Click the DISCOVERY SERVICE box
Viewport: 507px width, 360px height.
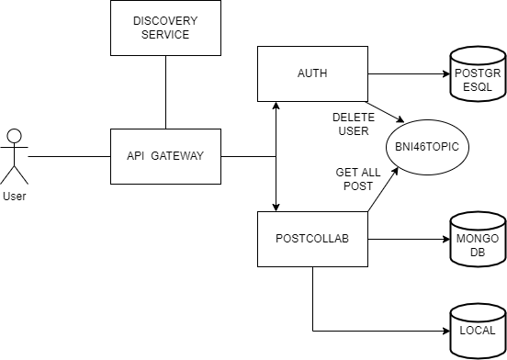pos(165,28)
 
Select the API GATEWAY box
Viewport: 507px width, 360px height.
pos(165,156)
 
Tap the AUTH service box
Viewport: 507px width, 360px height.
pos(312,73)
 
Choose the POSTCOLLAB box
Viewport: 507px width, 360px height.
pos(312,239)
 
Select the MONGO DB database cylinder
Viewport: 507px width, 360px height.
pos(478,239)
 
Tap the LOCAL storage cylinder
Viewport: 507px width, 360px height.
pos(478,330)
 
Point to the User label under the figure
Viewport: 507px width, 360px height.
pos(14,197)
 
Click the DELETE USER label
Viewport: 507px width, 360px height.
pos(350,124)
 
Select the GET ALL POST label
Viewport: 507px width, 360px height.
pos(354,178)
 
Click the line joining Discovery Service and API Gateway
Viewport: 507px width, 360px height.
pos(165,92)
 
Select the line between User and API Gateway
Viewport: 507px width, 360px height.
pos(69,156)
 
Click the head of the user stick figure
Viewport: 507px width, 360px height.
pos(13,136)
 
